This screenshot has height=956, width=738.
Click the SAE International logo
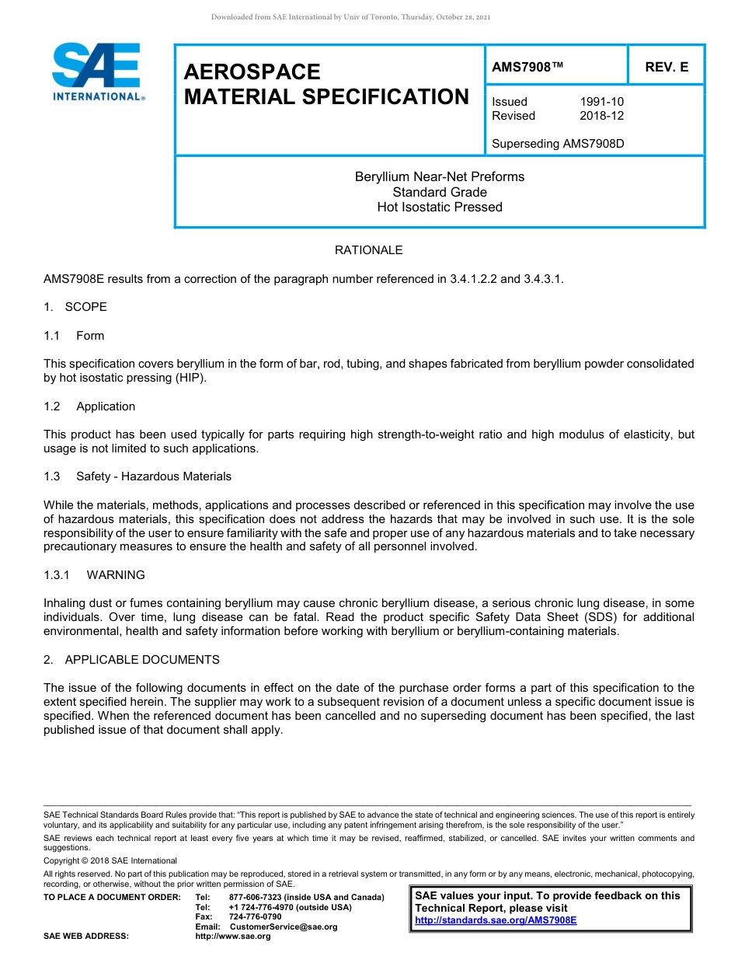(96, 72)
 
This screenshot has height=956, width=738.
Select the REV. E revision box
(666, 68)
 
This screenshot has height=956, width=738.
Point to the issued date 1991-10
(601, 102)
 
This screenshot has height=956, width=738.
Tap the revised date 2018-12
(601, 116)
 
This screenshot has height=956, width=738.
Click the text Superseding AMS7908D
(558, 144)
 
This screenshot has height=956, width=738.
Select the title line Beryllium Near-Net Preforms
(440, 177)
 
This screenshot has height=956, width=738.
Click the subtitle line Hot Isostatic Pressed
(440, 207)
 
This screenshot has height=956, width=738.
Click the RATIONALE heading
(368, 250)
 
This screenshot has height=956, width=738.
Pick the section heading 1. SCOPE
(75, 307)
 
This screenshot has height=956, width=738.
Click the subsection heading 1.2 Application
(90, 406)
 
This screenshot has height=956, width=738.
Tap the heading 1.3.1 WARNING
(95, 575)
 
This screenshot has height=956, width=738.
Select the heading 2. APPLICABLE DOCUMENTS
(131, 660)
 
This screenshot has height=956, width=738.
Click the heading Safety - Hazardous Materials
(154, 476)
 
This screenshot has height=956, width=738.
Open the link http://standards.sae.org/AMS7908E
(496, 919)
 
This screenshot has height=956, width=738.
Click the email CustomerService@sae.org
(284, 926)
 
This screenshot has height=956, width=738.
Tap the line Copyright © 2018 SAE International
(110, 860)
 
